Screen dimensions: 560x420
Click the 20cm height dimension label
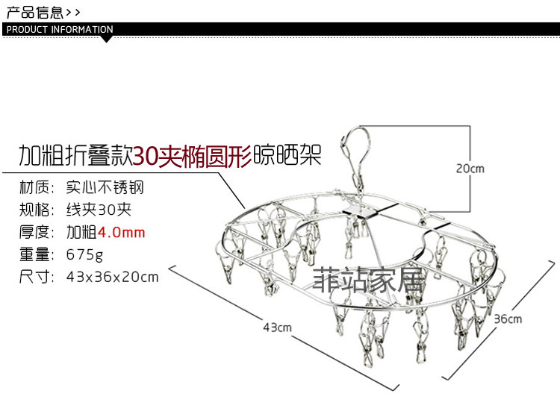click(x=470, y=169)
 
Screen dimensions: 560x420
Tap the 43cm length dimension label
click(x=276, y=327)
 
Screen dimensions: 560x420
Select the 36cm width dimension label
click(x=508, y=319)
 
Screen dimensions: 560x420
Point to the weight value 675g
click(x=85, y=254)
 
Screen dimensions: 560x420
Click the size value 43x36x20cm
click(x=113, y=277)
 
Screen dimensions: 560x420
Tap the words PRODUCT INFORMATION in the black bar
click(x=60, y=30)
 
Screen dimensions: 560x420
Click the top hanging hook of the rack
click(x=355, y=145)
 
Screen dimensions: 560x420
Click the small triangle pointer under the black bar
click(x=105, y=39)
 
